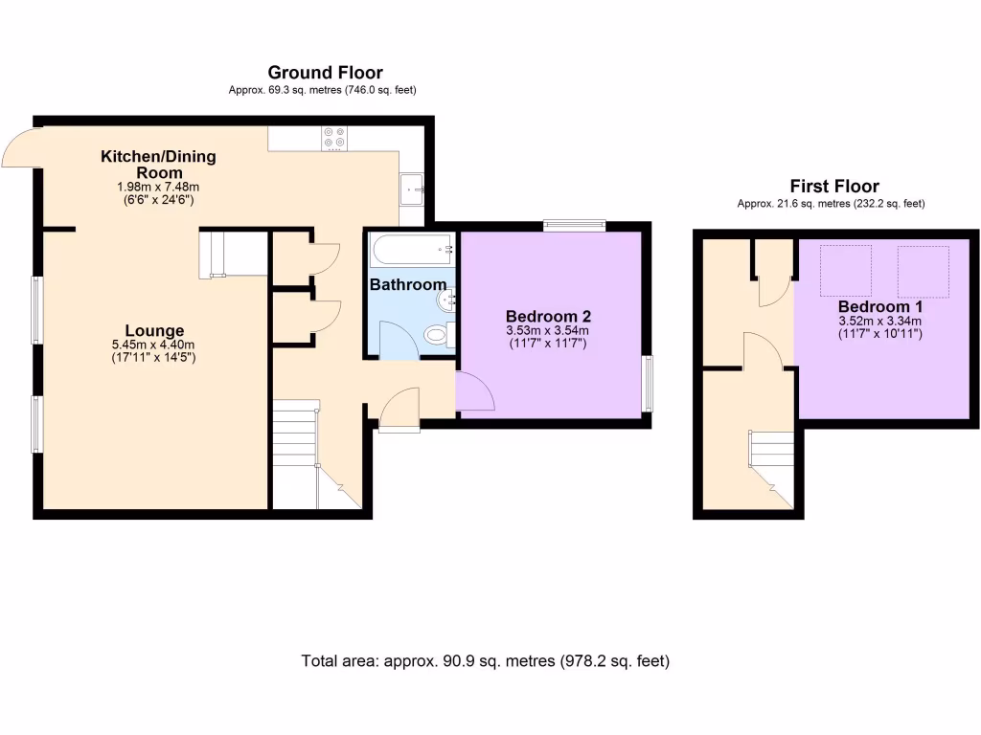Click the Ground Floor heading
click(x=325, y=73)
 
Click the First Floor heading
click(x=833, y=187)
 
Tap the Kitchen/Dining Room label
click(x=159, y=164)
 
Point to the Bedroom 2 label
click(x=548, y=317)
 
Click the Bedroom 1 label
click(x=880, y=306)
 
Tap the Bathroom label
click(x=408, y=284)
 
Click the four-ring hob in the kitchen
click(x=334, y=138)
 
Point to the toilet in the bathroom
click(x=437, y=335)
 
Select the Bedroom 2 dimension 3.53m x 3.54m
click(x=548, y=330)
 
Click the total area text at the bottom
click(x=485, y=661)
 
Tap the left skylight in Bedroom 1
click(x=845, y=271)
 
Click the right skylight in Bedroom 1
click(x=923, y=271)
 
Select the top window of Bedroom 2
click(x=574, y=226)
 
